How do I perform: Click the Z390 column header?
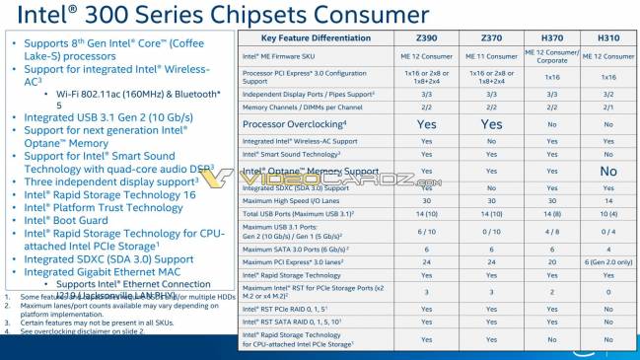(426, 36)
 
